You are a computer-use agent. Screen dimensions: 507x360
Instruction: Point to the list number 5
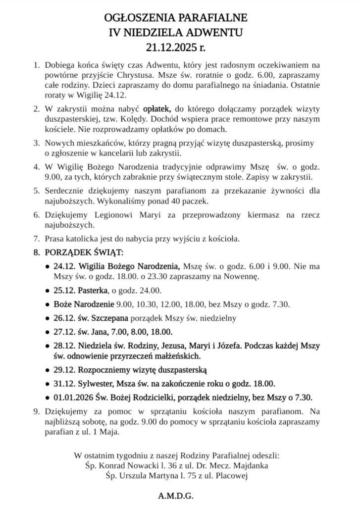pyautogui.click(x=36, y=191)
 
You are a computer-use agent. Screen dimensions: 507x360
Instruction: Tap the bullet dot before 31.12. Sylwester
pyautogui.click(x=47, y=383)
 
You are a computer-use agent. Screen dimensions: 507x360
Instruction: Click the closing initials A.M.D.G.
pyautogui.click(x=179, y=496)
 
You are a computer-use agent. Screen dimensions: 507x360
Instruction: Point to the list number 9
pyautogui.click(x=36, y=410)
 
